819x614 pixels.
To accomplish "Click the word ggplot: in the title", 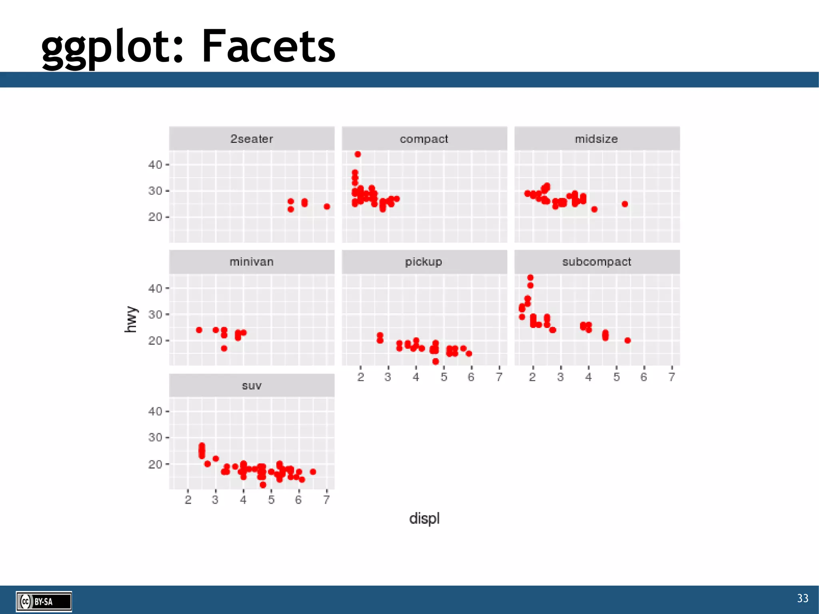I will click(112, 47).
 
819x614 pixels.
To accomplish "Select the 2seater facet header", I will click(252, 139).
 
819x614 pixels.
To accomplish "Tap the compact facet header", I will click(424, 139).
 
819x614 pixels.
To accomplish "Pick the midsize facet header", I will click(596, 139).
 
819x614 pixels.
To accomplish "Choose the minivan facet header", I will click(252, 262).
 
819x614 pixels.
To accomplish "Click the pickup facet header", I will click(424, 262).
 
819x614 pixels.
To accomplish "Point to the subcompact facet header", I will click(596, 262).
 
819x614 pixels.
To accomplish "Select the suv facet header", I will click(252, 386).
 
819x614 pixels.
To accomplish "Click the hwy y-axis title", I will click(131, 319).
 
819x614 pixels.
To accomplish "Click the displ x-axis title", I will click(424, 518).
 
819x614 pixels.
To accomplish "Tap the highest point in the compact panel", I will click(358, 154).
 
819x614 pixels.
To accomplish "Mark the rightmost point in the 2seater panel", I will click(327, 206).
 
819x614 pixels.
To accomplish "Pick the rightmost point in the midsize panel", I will click(625, 204).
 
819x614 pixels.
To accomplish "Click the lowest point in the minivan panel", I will click(224, 348).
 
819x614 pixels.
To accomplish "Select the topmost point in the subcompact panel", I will click(530, 278).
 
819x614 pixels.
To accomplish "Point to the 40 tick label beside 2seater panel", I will click(155, 165).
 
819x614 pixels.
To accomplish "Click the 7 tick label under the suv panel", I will click(326, 500).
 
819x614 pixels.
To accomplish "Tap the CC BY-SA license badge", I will click(44, 601).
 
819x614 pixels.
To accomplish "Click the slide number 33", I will click(802, 598).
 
